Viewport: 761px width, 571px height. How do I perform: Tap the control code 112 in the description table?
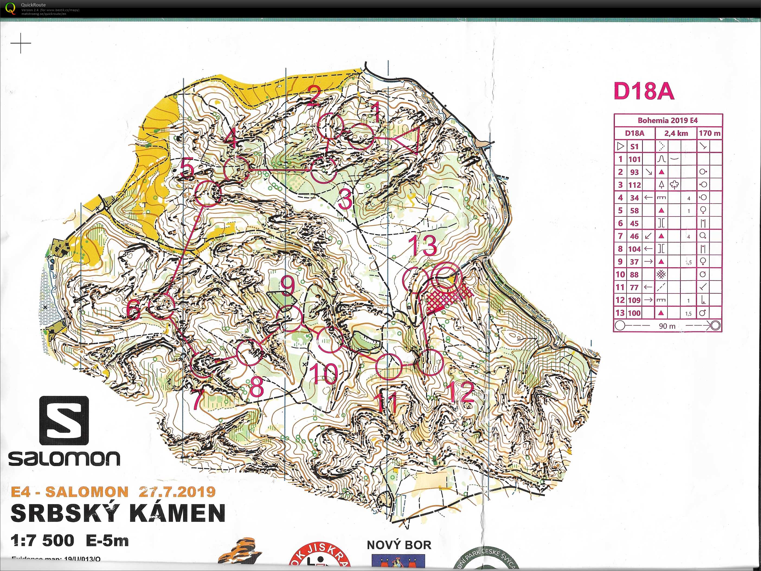634,185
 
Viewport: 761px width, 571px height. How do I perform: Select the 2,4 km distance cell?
676,133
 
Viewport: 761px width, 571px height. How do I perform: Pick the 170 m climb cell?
709,133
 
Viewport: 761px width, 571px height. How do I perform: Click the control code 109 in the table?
634,300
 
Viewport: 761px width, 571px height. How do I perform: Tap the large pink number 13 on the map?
423,245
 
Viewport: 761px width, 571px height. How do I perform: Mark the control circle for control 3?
324,170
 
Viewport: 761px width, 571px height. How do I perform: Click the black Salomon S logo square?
64,420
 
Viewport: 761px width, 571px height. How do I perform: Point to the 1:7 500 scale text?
42,541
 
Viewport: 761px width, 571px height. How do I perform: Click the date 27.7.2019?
177,492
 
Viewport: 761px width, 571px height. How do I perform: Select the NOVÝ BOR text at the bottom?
399,545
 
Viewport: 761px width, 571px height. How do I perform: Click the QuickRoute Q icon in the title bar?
11,8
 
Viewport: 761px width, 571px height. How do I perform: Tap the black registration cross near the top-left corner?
21,43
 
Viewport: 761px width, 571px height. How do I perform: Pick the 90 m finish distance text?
667,326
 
